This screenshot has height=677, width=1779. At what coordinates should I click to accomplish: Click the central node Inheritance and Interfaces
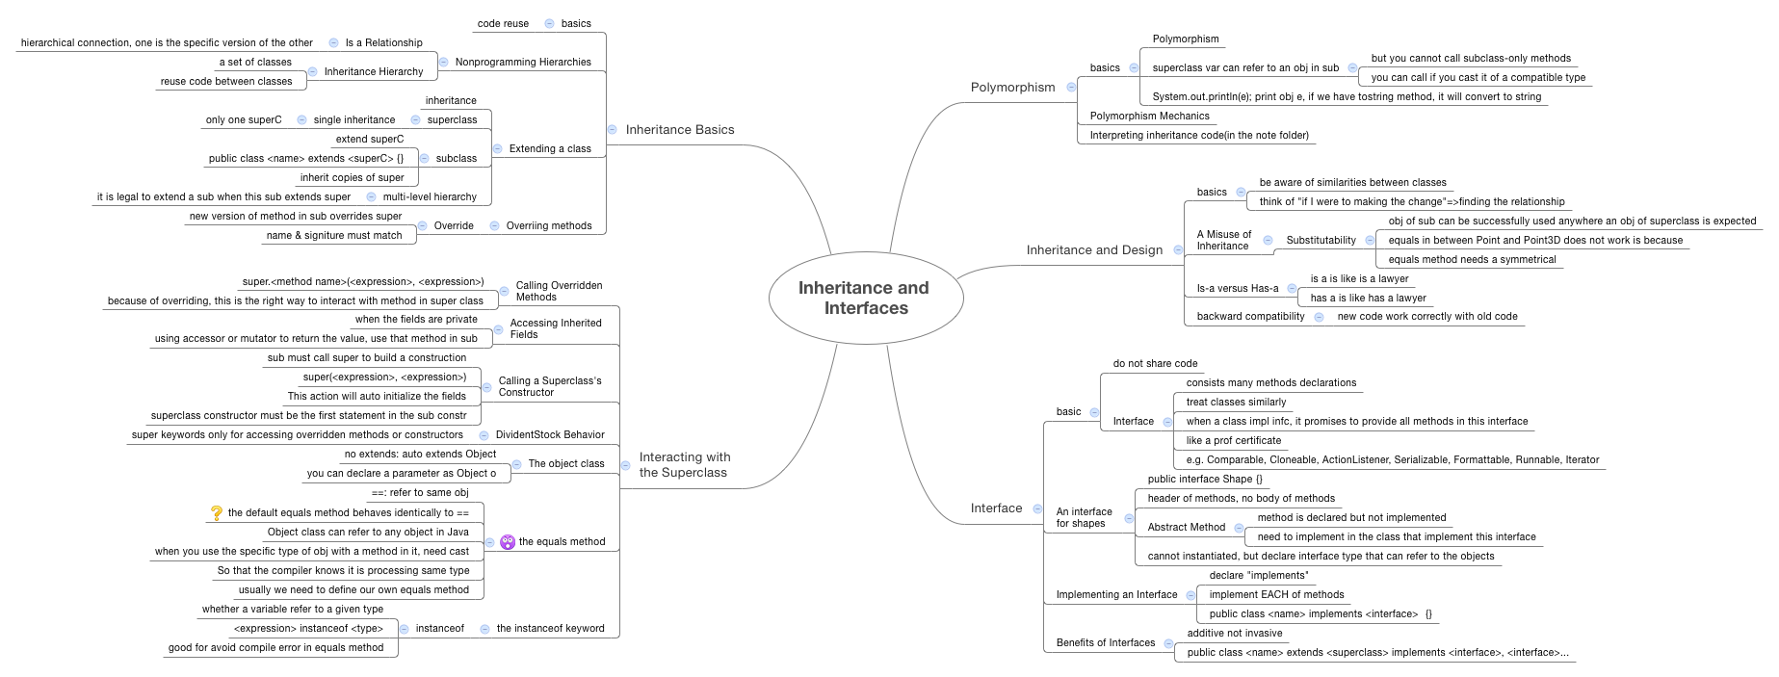(x=865, y=298)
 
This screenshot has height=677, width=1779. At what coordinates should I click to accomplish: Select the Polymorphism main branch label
(x=1012, y=88)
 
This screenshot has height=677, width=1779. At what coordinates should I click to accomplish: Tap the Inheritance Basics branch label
(x=679, y=130)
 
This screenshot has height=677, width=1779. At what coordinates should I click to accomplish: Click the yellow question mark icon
(x=217, y=513)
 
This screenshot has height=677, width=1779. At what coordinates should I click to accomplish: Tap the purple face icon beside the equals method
(x=508, y=542)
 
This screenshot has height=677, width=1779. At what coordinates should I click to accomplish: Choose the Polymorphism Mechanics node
(x=1149, y=117)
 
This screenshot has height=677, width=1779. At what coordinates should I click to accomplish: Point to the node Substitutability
(x=1321, y=241)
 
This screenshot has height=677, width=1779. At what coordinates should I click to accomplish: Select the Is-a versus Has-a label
(x=1237, y=289)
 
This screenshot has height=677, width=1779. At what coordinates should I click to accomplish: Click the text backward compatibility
(x=1250, y=317)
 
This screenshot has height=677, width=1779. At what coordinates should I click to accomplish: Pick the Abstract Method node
(x=1186, y=528)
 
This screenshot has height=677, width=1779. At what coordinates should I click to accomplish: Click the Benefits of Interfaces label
(x=1105, y=643)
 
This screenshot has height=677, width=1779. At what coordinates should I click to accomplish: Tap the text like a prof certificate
(x=1233, y=441)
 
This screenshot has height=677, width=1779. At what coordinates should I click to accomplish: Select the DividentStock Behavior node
(x=549, y=435)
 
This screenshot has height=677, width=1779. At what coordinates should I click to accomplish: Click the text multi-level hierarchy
(x=430, y=197)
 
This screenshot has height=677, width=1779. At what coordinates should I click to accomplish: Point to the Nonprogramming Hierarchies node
(x=523, y=63)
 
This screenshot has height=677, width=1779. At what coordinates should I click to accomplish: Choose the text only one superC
(x=244, y=120)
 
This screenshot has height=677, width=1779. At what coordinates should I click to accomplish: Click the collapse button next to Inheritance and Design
(x=1177, y=250)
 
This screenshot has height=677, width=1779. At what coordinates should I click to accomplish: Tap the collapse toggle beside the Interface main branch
(x=1037, y=508)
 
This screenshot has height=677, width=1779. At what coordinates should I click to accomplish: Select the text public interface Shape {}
(x=1204, y=480)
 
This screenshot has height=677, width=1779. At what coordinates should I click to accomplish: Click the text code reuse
(x=503, y=24)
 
